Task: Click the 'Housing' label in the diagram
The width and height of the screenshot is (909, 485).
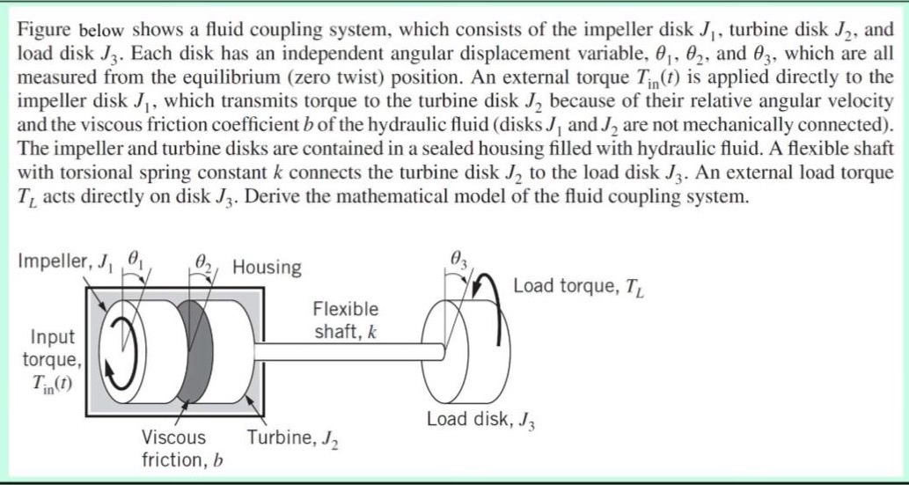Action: (x=267, y=266)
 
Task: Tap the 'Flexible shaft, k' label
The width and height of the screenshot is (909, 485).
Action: (x=346, y=320)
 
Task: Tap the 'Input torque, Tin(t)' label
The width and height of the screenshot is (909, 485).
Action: (x=53, y=361)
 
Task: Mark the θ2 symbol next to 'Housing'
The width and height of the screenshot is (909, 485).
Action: (x=202, y=262)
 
